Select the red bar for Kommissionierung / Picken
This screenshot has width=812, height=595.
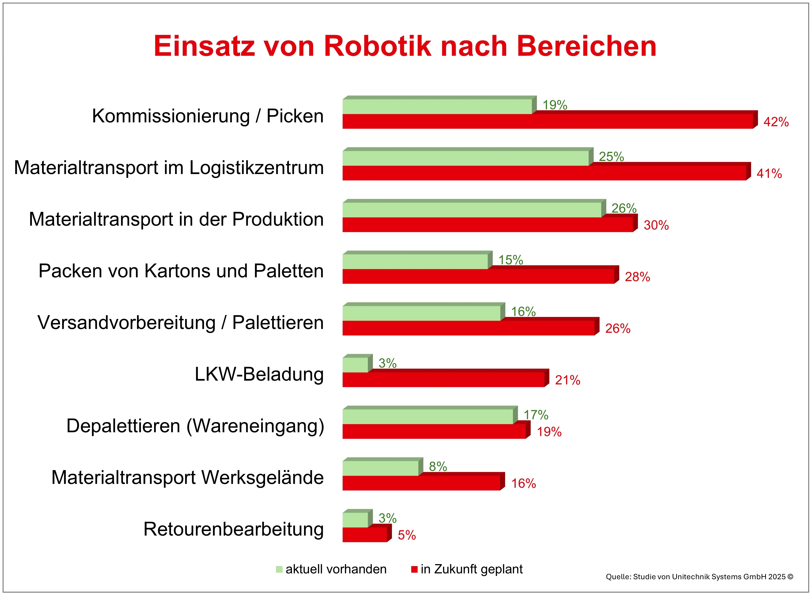(x=547, y=121)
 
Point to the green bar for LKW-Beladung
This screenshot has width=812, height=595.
(x=355, y=365)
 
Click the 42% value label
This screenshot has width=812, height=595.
(x=776, y=122)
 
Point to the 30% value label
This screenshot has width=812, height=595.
(x=656, y=225)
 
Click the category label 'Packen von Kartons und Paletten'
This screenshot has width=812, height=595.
(x=181, y=271)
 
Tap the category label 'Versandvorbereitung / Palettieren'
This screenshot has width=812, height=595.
(x=180, y=322)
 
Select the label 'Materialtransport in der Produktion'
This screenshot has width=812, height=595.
(x=176, y=219)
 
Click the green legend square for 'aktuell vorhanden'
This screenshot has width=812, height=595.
(x=279, y=569)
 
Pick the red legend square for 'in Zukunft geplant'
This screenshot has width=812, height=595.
(x=414, y=569)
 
